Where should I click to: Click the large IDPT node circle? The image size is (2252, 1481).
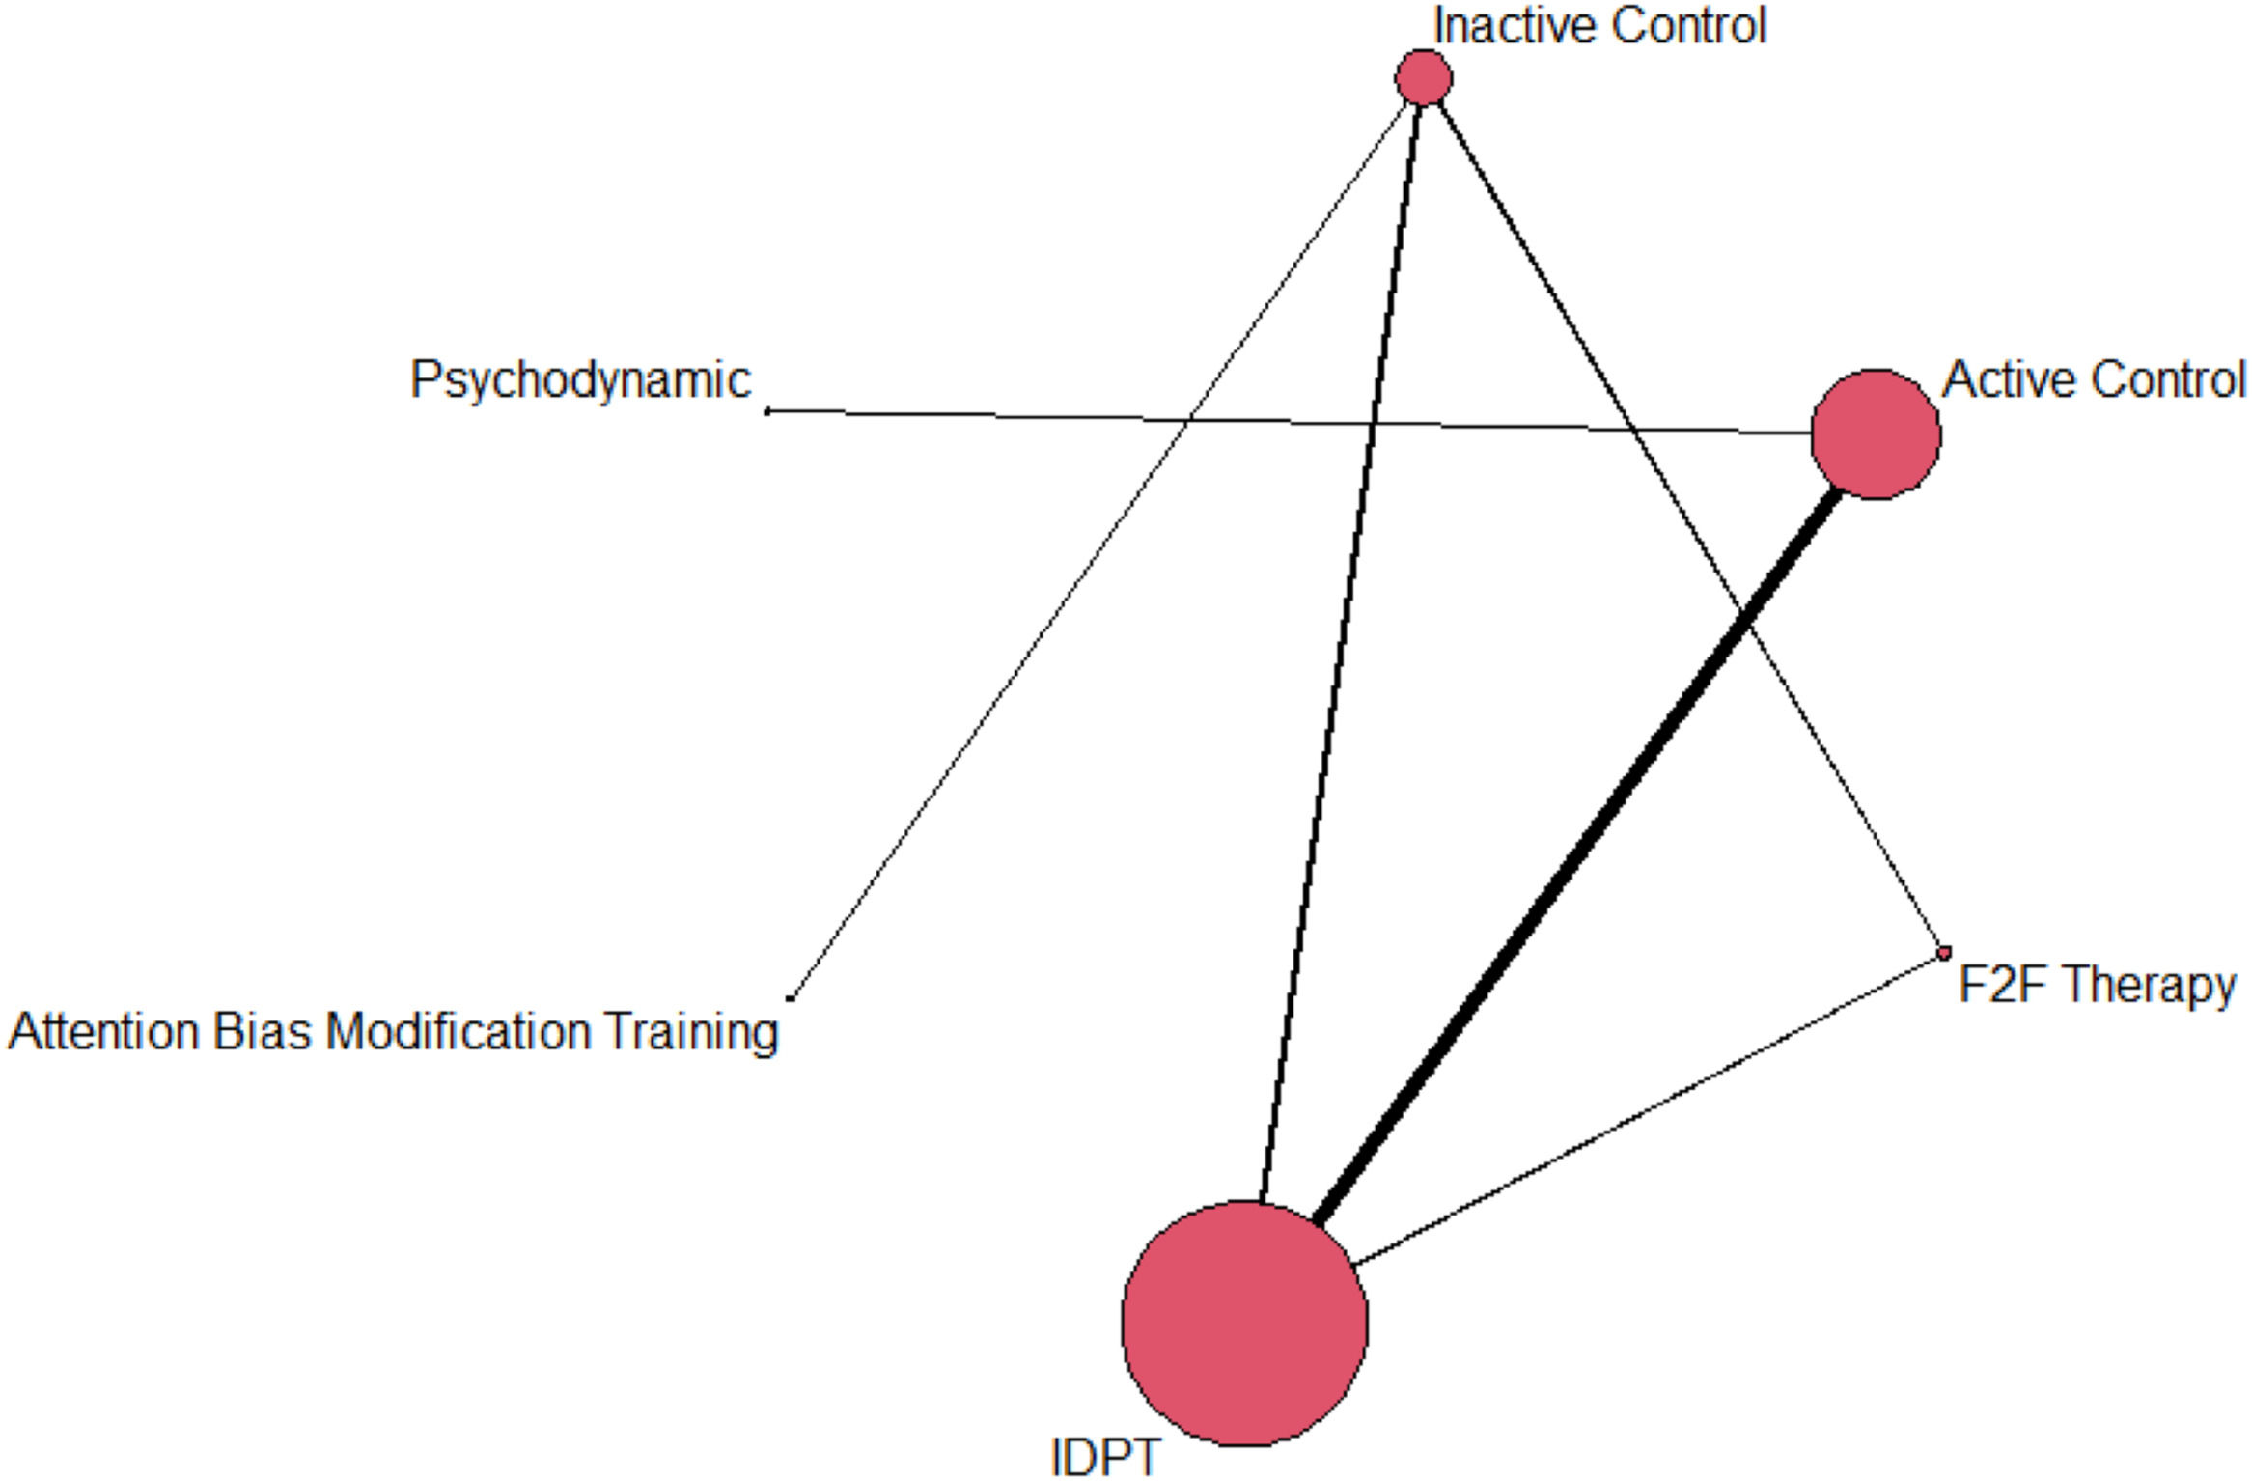tap(1244, 1324)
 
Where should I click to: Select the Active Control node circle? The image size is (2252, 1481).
tap(1875, 434)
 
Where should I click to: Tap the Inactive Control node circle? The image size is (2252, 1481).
tap(1423, 77)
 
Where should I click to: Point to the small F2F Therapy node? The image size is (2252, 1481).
tap(1943, 953)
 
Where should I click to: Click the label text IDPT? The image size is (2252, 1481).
tap(1105, 1457)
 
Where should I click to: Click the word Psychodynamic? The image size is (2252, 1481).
tap(580, 379)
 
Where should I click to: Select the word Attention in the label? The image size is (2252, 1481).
tap(103, 1031)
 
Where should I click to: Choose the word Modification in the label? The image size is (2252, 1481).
tap(459, 1031)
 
